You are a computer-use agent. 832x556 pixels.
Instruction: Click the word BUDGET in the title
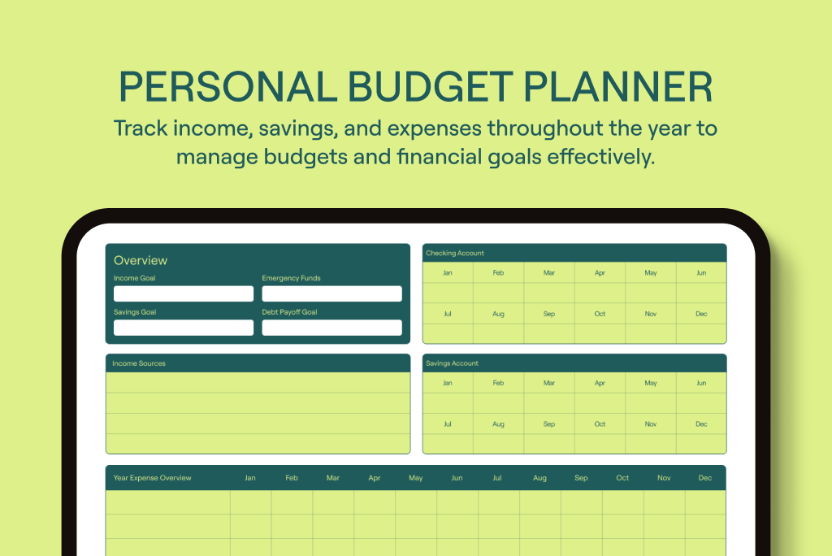(431, 86)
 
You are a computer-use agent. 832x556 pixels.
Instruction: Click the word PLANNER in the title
(618, 86)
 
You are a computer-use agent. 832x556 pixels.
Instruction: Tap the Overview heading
(141, 260)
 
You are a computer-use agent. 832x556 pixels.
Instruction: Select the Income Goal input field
(184, 293)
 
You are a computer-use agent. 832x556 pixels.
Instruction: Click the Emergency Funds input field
(331, 293)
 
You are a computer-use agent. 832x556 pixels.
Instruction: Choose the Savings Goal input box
(184, 327)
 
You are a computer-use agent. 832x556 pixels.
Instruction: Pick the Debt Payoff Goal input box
(331, 327)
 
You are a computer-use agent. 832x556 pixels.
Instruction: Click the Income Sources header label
(139, 363)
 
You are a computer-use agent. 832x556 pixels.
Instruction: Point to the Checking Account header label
(455, 254)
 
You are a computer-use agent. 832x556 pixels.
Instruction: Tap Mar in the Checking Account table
(549, 273)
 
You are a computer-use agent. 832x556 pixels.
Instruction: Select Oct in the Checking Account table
(600, 314)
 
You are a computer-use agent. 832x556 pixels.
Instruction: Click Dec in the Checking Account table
(701, 314)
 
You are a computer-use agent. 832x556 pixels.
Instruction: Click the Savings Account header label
(452, 363)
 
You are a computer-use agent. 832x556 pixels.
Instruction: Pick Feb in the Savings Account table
(498, 383)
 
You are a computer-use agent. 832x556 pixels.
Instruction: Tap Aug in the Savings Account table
(498, 424)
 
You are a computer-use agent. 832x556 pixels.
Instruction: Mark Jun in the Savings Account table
(701, 383)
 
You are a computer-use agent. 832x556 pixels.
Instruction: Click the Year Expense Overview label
(152, 478)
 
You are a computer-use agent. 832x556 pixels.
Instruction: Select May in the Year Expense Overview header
(416, 478)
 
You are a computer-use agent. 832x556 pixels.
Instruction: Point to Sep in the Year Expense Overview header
(581, 478)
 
